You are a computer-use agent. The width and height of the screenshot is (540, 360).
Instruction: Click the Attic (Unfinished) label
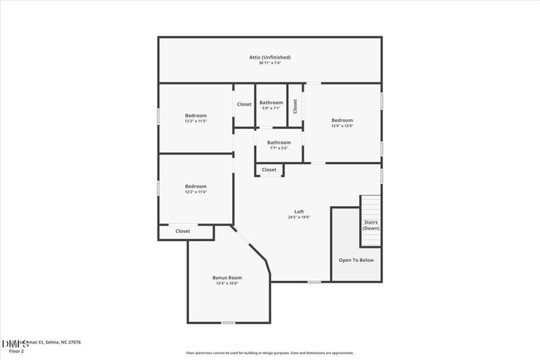coord(269,57)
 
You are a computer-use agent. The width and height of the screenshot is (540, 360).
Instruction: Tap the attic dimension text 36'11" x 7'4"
coord(269,63)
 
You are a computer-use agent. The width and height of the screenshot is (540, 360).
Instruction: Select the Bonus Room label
coord(227,278)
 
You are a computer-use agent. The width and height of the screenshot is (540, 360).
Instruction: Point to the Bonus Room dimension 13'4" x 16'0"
coord(227,284)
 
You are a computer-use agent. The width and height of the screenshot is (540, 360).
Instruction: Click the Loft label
coord(299,211)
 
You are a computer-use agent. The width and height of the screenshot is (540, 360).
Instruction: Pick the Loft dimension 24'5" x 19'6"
coord(299,217)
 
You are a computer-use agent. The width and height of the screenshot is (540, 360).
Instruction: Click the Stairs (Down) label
coord(371,225)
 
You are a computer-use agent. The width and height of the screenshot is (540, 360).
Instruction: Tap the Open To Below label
coord(356,260)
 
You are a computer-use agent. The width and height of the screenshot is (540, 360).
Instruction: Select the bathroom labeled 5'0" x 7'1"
coord(271,103)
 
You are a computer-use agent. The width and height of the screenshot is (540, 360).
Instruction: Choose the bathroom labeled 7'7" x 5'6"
coord(279,143)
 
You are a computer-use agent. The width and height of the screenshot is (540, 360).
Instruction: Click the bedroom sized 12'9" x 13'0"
coord(342,120)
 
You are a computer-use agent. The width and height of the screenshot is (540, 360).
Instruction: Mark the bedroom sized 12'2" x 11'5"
coord(196,115)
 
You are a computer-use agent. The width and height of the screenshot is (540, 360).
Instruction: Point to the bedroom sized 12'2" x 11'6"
coord(196,186)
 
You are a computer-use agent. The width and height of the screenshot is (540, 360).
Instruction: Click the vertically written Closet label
coord(295,106)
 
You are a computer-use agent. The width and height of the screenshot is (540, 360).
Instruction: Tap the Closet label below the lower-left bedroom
coord(183,231)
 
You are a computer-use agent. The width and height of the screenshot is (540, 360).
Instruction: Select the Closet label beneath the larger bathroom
coord(269,170)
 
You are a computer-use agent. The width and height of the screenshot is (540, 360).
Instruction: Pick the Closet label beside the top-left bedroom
coord(244,104)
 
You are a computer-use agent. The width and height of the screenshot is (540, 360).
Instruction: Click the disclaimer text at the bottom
coord(269,353)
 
